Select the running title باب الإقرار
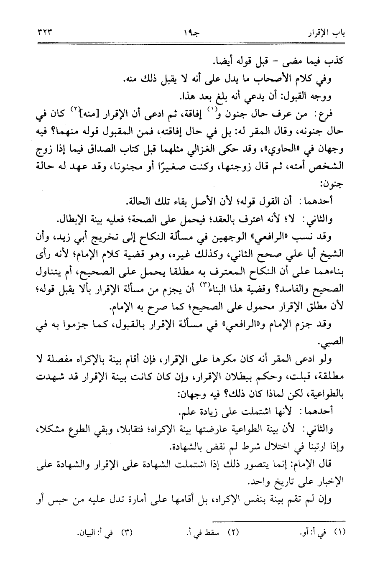pyautogui.click(x=326, y=32)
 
